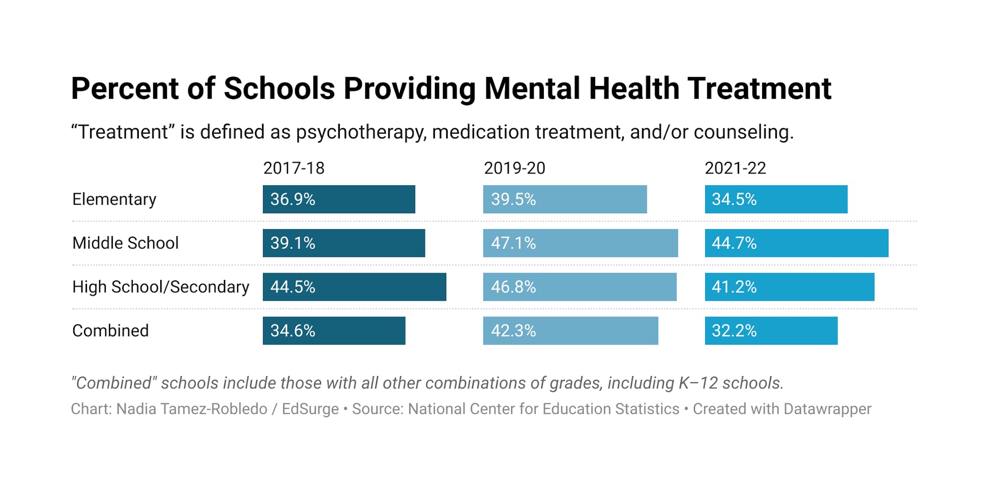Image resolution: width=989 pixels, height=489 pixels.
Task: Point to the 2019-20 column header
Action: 514,168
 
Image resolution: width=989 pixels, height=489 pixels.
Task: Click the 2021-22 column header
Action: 735,168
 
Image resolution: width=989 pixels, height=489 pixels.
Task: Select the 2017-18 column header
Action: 294,168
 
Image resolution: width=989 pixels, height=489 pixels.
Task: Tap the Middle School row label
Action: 125,243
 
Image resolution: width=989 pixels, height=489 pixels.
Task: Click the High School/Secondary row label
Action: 160,286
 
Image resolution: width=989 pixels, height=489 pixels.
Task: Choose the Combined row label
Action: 110,330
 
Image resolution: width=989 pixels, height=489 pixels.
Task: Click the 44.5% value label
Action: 293,286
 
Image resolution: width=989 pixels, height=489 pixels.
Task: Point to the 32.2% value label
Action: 734,330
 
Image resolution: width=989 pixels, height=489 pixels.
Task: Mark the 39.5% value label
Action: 513,199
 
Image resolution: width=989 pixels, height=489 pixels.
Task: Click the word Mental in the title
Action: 531,89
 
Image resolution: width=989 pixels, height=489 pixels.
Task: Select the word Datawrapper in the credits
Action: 827,409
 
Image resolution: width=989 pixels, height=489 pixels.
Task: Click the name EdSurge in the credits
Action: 310,409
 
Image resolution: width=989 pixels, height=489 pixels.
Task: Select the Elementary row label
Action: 114,199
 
